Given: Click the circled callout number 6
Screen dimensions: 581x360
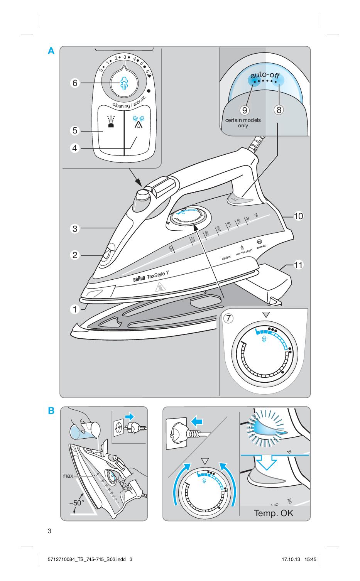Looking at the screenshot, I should tap(75, 83).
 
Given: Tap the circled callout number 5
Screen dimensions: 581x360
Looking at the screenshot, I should tap(75, 131).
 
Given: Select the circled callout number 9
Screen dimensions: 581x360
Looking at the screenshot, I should tap(244, 110).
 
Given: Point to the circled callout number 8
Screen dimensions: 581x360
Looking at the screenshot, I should tap(279, 110).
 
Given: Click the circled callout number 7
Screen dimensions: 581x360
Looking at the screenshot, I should tap(230, 319).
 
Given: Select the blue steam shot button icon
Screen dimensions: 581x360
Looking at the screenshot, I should tap(138, 122).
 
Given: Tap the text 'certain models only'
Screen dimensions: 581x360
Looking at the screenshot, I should tap(243, 123).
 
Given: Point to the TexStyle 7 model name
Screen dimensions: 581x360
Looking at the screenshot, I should tap(158, 275).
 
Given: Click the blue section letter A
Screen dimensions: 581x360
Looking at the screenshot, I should tap(51, 51).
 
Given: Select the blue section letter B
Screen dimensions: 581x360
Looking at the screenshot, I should tap(51, 411).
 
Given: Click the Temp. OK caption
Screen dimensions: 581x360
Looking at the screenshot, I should tap(274, 513).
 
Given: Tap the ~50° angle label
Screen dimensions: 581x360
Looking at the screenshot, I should tap(77, 503).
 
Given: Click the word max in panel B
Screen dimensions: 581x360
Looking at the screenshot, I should tap(68, 476).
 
